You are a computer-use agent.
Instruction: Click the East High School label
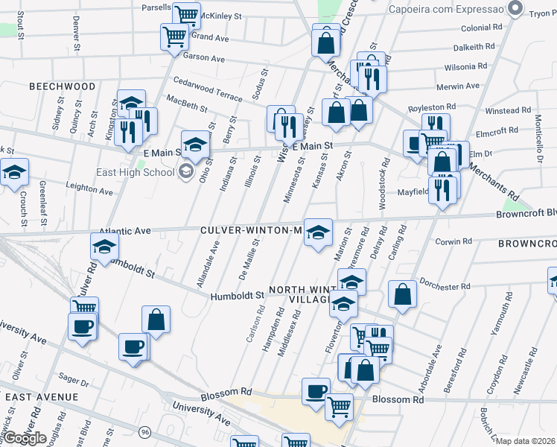136,173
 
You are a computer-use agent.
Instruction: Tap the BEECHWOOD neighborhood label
63,86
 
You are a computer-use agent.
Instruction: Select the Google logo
25,438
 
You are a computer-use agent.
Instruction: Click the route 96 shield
145,432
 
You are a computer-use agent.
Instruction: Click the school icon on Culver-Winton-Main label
318,233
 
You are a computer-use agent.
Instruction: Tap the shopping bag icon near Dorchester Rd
402,294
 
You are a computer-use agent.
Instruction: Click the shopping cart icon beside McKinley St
185,13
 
